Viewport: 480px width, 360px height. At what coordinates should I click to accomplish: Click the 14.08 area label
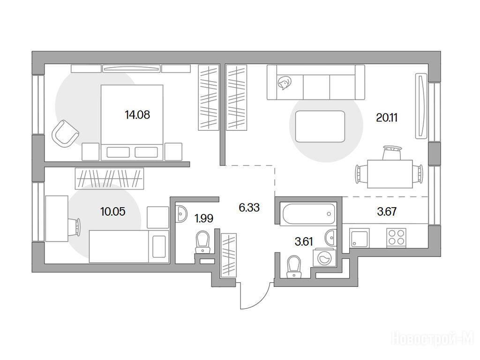tap(137, 115)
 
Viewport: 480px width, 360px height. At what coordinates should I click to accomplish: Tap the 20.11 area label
tap(387, 117)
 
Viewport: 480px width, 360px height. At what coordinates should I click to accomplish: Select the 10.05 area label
tap(113, 211)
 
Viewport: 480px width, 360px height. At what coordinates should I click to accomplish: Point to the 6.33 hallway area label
tap(249, 208)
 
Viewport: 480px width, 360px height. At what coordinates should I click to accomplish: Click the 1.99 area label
tap(204, 218)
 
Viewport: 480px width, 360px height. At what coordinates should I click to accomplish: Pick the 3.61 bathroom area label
tap(304, 241)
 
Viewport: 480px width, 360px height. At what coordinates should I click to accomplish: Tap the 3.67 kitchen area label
tap(387, 211)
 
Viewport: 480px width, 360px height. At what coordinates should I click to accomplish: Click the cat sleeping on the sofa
tap(285, 82)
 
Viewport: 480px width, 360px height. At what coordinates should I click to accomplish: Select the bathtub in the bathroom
tap(308, 214)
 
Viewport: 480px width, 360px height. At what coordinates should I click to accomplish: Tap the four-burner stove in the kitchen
tap(397, 238)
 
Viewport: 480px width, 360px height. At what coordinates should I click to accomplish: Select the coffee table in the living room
tap(320, 127)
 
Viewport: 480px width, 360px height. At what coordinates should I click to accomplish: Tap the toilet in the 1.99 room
tap(202, 242)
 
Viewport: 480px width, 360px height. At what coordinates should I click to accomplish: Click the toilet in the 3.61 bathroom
tap(294, 266)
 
